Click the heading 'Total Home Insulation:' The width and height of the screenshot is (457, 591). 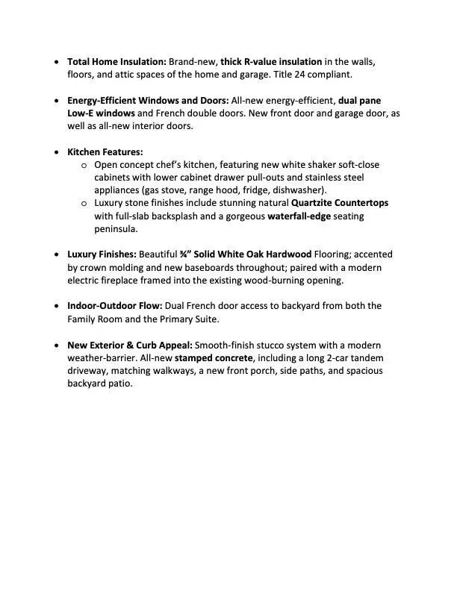116,62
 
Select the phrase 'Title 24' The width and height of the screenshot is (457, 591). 310,75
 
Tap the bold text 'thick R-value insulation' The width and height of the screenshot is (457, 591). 271,62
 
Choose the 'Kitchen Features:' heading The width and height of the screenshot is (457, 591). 105,151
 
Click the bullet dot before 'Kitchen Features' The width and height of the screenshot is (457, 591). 58,151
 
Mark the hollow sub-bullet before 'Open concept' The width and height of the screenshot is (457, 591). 84,165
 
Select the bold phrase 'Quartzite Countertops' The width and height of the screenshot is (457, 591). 340,203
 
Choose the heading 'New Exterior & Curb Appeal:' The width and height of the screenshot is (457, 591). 129,345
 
